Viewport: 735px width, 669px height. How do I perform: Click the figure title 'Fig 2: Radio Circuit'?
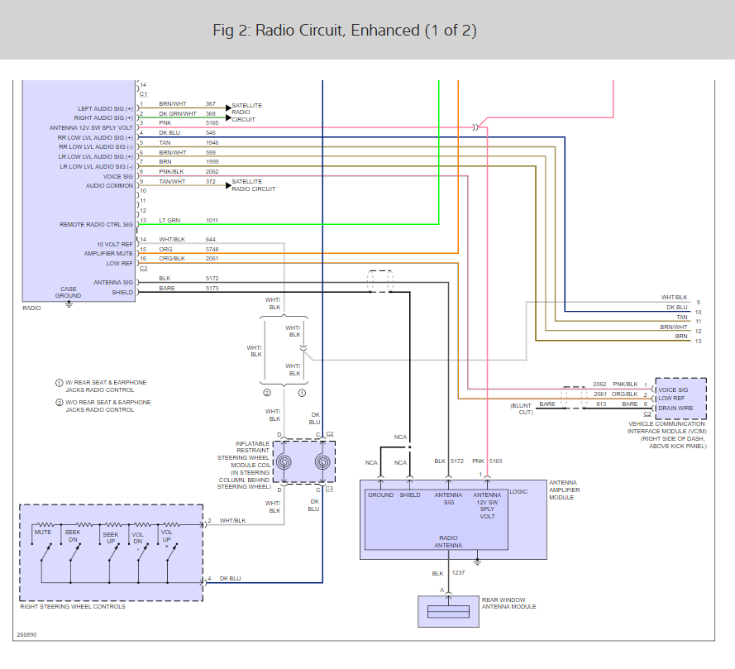click(344, 31)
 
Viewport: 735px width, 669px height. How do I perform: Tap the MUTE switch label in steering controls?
click(43, 533)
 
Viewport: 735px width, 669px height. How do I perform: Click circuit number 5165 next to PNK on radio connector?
click(212, 123)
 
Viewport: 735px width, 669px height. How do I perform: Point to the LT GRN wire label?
click(169, 221)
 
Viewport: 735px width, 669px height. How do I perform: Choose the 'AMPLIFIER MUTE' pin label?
click(108, 253)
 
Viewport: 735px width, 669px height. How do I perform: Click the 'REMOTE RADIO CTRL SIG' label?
click(96, 224)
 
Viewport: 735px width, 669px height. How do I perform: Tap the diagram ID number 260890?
click(27, 636)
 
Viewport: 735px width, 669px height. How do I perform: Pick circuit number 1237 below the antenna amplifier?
click(460, 573)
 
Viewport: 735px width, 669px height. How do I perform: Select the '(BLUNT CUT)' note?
click(522, 409)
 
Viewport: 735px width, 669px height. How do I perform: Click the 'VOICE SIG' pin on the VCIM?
click(672, 389)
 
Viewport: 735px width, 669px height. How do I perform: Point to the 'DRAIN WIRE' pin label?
click(676, 408)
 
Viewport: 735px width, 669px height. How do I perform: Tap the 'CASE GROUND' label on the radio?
click(68, 292)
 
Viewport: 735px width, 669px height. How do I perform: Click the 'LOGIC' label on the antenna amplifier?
click(518, 491)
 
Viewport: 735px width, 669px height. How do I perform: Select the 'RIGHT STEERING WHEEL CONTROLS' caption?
click(73, 607)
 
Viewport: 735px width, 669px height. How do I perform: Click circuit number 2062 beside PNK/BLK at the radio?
click(212, 172)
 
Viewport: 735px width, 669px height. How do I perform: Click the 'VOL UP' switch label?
click(167, 536)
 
